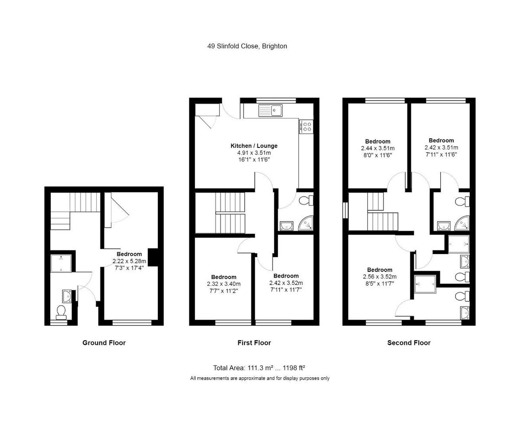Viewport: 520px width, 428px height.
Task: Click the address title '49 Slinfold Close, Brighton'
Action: [247, 46]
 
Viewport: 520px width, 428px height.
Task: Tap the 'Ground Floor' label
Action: [104, 343]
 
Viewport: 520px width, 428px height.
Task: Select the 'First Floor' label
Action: [254, 343]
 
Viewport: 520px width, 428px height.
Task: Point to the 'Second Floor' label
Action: [409, 343]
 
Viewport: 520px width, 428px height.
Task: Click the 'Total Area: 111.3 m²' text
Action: [243, 368]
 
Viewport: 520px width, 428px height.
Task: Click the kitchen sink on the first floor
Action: [270, 110]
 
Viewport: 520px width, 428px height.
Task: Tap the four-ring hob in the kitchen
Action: [306, 127]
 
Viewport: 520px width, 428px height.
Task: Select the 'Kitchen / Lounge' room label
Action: [254, 146]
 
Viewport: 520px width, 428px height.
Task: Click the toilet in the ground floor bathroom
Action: [61, 312]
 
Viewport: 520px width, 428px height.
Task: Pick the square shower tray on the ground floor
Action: [61, 264]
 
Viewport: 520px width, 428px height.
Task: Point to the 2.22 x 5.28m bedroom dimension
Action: [129, 261]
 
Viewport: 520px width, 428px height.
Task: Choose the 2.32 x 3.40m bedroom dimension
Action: [224, 284]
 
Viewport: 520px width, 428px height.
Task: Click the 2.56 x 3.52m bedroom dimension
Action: [380, 277]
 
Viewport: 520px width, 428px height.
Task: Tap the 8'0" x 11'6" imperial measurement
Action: [378, 155]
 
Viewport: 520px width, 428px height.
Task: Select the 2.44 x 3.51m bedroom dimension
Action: [378, 148]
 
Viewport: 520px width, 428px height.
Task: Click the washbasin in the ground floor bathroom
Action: [67, 296]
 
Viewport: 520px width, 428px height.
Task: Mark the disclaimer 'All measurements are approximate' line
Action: [260, 378]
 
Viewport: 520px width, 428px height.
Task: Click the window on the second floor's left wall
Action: [345, 210]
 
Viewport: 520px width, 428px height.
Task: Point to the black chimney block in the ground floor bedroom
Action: [153, 257]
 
